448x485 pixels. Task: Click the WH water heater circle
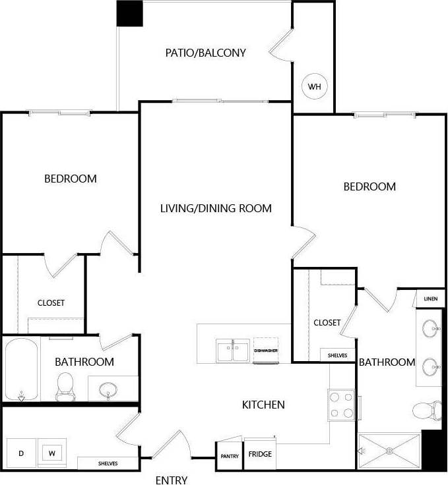click(x=314, y=86)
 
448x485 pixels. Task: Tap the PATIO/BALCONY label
click(x=205, y=53)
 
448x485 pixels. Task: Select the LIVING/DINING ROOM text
click(x=216, y=208)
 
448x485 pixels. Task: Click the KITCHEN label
click(x=263, y=404)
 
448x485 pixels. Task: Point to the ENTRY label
click(x=172, y=480)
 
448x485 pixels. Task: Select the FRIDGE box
click(x=260, y=455)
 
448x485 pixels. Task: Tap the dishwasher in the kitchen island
click(x=266, y=351)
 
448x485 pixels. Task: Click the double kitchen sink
click(x=233, y=350)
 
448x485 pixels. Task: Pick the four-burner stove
click(x=342, y=404)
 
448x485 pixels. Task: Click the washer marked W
click(x=51, y=453)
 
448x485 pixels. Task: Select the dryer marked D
click(x=21, y=453)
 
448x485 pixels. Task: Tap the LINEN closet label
click(x=430, y=299)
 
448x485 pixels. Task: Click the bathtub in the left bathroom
click(x=22, y=369)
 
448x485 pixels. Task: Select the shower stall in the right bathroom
click(x=389, y=451)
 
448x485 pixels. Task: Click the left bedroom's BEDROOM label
click(x=71, y=179)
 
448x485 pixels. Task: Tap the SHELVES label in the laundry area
click(x=107, y=463)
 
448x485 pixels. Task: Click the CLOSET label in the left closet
click(x=51, y=303)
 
